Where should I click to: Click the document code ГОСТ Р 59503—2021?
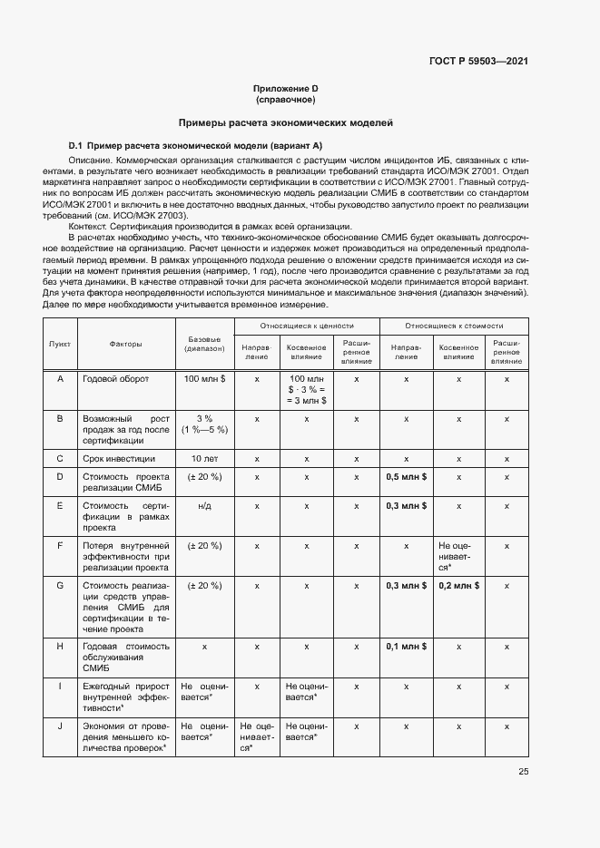tap(477, 61)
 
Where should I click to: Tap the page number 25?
tap(523, 773)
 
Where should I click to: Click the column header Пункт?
tap(60, 345)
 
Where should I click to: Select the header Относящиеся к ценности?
tap(307, 325)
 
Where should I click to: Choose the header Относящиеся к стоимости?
tap(454, 325)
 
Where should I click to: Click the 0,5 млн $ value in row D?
tap(406, 476)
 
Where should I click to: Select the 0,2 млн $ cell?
tap(458, 585)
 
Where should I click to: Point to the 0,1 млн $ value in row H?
tap(406, 647)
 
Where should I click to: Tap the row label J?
tap(60, 726)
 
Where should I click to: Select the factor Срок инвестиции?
tap(119, 458)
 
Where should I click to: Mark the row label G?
tap(60, 585)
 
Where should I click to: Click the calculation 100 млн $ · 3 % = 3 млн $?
tap(307, 388)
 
